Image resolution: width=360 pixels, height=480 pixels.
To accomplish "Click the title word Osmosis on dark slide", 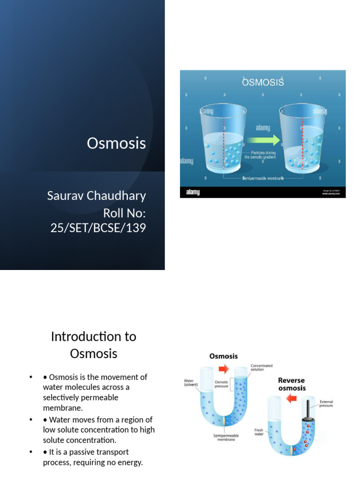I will click(x=116, y=143).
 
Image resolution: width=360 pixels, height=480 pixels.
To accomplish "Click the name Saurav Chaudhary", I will click(x=97, y=195).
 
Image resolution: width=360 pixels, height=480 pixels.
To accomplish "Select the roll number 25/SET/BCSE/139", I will click(x=98, y=228).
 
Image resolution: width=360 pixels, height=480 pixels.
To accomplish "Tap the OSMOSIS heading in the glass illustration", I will click(x=263, y=83).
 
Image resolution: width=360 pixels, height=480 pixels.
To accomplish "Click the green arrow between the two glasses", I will click(x=263, y=140).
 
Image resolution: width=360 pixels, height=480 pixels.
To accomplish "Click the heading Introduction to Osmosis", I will click(x=94, y=345).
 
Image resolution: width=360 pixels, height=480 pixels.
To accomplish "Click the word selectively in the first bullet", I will click(x=60, y=397).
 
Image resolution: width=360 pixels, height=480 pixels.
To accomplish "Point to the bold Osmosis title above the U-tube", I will click(x=223, y=357).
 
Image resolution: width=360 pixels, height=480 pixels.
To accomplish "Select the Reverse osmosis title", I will click(x=292, y=384).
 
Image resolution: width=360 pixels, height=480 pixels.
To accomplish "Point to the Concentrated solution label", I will click(x=262, y=368).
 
